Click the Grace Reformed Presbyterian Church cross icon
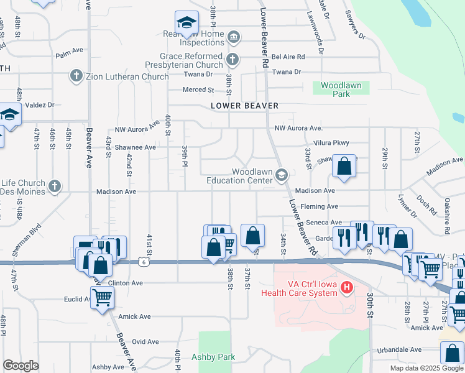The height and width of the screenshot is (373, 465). click(233, 60)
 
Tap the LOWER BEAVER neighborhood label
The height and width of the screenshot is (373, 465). click(244, 106)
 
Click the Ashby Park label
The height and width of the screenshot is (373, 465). click(213, 357)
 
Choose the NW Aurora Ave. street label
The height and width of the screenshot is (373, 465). click(298, 128)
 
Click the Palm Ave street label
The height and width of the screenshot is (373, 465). click(69, 55)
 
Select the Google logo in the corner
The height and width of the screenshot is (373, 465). click(21, 365)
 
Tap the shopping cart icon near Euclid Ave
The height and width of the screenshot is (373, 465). click(101, 298)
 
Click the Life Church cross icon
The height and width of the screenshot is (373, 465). click(55, 185)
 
